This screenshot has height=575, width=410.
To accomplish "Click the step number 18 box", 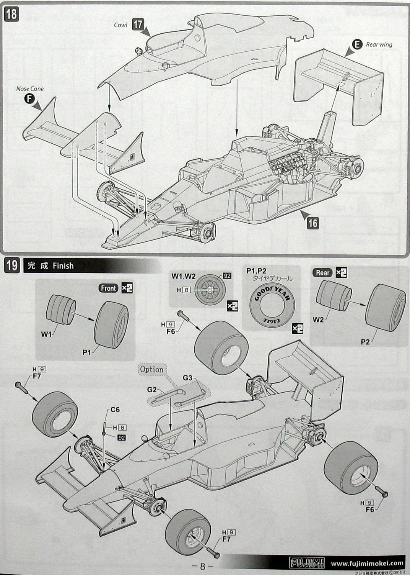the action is (11, 14).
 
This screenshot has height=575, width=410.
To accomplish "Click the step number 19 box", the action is (11, 265).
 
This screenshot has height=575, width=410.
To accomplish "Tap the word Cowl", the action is (121, 25).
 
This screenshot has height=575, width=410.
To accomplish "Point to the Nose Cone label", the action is (30, 89).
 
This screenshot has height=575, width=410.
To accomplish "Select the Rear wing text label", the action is (379, 44).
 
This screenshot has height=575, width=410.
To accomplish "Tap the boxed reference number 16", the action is (312, 223).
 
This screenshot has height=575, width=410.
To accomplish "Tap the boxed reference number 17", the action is (138, 25).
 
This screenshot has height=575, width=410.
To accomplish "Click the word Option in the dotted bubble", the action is (152, 370).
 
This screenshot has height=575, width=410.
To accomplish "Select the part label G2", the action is (152, 390).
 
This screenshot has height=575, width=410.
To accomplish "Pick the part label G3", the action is (187, 378).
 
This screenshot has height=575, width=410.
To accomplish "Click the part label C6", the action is (116, 410).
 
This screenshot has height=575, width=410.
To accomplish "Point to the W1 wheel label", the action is (46, 334).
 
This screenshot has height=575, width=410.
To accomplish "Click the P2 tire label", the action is (365, 342).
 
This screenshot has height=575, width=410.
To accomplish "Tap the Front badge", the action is (108, 288).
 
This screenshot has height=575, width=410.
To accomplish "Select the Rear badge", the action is (322, 273).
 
